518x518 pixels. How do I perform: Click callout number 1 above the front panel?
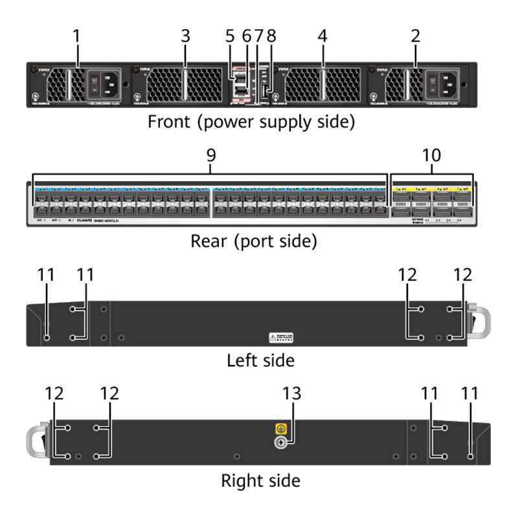click(77, 36)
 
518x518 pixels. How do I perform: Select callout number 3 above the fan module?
click(185, 36)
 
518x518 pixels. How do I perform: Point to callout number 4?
click(322, 36)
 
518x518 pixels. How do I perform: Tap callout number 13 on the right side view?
click(292, 394)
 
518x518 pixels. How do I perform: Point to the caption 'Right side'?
click(260, 480)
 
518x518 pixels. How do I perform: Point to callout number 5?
click(230, 36)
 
